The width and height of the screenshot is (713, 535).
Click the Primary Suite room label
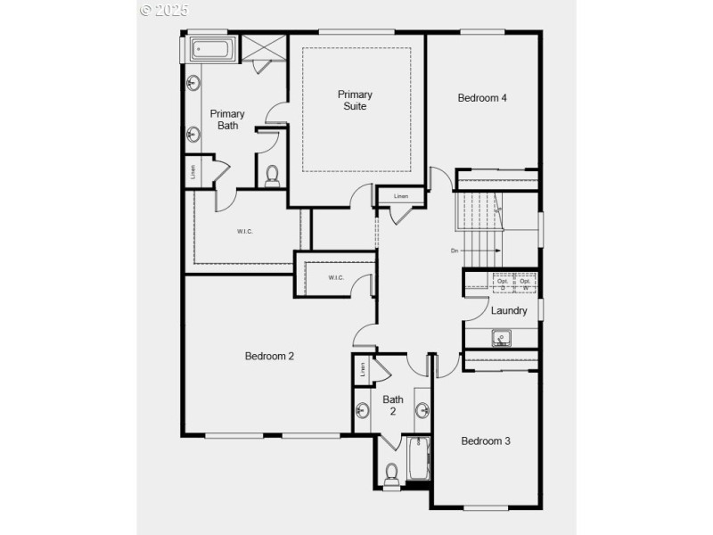(355, 100)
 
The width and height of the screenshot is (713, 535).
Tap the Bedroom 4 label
(482, 98)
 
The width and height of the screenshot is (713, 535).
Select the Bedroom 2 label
(269, 356)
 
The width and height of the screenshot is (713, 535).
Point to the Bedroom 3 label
(486, 440)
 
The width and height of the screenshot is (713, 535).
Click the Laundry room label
(509, 311)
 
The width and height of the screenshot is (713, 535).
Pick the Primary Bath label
(227, 119)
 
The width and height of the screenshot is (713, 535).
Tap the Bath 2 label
(393, 406)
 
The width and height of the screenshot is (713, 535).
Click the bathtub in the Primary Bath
(212, 48)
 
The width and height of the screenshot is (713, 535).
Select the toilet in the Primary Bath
(273, 175)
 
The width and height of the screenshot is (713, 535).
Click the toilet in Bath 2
(391, 475)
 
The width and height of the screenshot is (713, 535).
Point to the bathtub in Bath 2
(417, 459)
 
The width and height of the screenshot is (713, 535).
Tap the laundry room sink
(502, 338)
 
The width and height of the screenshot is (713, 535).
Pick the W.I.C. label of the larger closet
(245, 232)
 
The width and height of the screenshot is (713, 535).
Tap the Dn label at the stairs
(455, 251)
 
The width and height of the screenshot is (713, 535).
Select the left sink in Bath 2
(363, 411)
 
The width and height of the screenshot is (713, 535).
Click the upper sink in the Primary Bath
(193, 84)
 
